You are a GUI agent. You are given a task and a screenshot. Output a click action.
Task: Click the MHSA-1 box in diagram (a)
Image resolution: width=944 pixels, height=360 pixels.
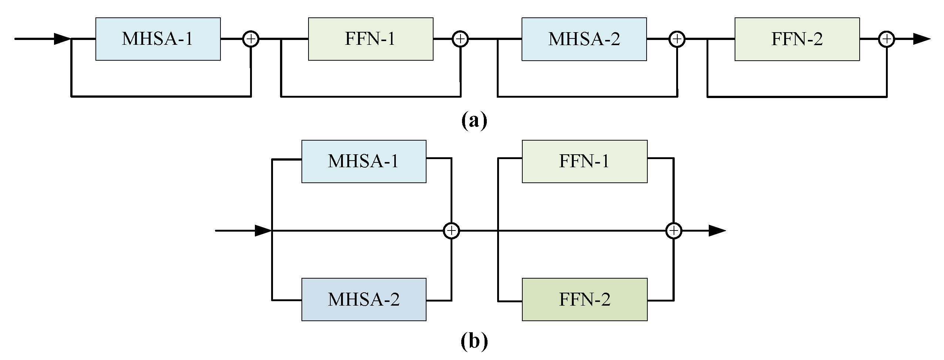tap(158, 39)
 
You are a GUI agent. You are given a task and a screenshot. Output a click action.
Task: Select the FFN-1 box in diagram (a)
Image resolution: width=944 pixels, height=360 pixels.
tap(371, 39)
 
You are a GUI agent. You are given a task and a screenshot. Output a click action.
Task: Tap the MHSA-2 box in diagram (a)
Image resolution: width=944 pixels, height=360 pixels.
tap(584, 39)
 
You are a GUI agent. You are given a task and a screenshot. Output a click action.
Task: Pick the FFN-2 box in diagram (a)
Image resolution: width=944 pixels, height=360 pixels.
tap(797, 39)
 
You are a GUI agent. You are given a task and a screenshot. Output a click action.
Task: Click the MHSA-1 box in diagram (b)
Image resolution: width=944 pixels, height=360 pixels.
tap(364, 161)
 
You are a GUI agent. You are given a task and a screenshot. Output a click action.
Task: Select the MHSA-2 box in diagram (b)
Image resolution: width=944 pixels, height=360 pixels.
tap(364, 299)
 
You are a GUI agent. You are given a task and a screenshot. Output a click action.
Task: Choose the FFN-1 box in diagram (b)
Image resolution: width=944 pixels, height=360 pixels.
tap(584, 161)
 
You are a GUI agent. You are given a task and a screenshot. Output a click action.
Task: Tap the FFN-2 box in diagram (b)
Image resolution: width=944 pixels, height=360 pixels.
tap(584, 299)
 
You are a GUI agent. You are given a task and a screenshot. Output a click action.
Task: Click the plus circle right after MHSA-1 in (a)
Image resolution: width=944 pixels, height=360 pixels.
tap(251, 39)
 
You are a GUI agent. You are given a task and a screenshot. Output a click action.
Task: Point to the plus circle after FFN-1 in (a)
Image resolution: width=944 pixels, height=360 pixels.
tap(460, 39)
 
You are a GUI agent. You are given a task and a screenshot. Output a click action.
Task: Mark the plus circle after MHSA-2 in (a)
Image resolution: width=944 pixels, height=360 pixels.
tap(677, 39)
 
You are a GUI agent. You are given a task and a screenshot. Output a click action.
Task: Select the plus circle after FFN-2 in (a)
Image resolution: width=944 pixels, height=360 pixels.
tap(886, 39)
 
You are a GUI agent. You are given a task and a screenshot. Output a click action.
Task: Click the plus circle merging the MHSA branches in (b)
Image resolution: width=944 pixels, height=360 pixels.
tap(451, 231)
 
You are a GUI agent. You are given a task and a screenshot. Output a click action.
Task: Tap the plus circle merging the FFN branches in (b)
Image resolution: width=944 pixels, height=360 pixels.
tap(674, 231)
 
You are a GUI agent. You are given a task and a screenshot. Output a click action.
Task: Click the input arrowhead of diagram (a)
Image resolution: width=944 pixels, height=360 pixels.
tap(62, 38)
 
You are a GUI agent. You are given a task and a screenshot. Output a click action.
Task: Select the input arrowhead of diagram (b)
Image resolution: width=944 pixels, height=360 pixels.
tap(263, 231)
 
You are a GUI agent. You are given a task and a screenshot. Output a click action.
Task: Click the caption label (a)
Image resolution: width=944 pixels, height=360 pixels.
tap(474, 121)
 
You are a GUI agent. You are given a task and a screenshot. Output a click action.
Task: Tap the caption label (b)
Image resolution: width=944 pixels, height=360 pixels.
tap(474, 342)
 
